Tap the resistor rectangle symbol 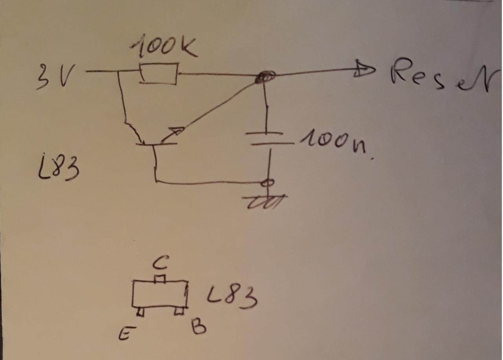click(x=159, y=73)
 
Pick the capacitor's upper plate click(x=264, y=133)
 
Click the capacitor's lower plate click(x=272, y=144)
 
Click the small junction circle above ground click(x=269, y=183)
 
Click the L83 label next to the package click(x=232, y=298)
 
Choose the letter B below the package click(x=198, y=326)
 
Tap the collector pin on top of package click(x=160, y=279)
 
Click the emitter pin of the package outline click(x=140, y=312)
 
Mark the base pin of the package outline click(x=179, y=311)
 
